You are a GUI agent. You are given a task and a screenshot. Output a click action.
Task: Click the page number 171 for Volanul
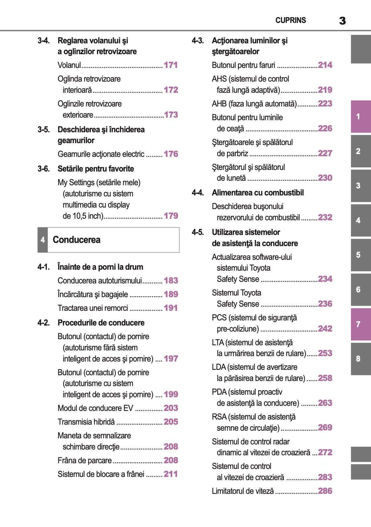tap(171, 65)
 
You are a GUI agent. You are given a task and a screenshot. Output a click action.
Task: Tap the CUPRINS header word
tap(290, 20)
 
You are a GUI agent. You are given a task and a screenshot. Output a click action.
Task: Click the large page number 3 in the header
tap(342, 21)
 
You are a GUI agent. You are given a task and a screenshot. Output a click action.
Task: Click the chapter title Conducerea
tap(76, 240)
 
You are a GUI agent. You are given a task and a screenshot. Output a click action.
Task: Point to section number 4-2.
tap(44, 323)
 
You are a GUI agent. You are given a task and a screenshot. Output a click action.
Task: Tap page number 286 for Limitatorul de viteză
tap(325, 491)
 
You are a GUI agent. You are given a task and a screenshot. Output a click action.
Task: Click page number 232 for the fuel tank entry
tap(325, 217)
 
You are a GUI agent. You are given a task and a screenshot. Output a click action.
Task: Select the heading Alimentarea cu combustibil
tap(258, 193)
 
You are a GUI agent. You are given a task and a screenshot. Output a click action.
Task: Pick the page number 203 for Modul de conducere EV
tap(171, 408)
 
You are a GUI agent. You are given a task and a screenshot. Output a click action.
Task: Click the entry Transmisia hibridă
tap(86, 422)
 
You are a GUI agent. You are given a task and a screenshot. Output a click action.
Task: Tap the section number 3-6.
tap(44, 169)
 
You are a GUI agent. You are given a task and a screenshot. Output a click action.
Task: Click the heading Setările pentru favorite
tap(96, 169)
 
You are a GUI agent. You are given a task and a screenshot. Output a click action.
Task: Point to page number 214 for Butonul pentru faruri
tap(325, 65)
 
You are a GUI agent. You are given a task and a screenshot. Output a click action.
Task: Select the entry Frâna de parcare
tap(85, 460)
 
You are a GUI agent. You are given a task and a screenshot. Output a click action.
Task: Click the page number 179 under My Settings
tap(171, 216)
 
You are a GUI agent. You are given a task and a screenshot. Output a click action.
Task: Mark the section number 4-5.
tap(198, 232)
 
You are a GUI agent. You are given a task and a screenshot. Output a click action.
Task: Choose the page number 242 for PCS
tap(325, 329)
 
